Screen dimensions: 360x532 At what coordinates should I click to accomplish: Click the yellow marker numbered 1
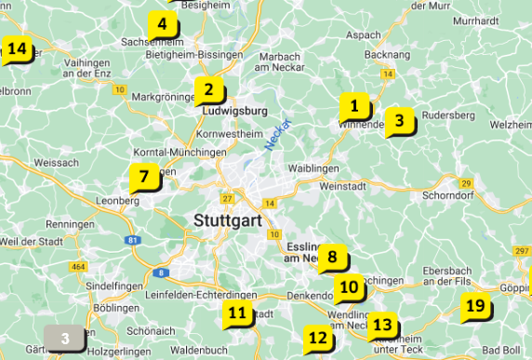coord(353,106)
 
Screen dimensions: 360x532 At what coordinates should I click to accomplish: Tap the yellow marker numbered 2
coord(208,91)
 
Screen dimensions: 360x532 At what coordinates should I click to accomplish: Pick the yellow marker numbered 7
coord(143,177)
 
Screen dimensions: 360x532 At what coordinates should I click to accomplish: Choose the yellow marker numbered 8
coord(332,260)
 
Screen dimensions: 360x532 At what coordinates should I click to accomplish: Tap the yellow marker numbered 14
coord(16,49)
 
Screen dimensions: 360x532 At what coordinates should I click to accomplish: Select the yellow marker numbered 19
coord(475,306)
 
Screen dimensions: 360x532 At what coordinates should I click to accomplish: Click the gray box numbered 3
coord(65,339)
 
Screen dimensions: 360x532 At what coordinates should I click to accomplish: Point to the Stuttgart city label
coord(228,220)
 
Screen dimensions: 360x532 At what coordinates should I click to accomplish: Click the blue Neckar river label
coord(278,134)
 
